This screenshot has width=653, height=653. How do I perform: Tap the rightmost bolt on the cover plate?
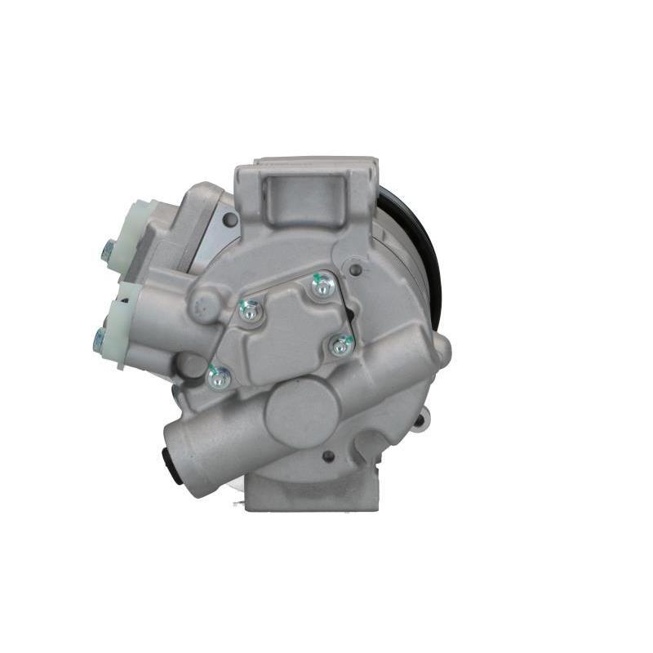point(340,346)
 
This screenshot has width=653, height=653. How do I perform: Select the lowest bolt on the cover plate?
point(219,377)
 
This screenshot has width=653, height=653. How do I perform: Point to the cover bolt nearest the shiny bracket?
point(251,309)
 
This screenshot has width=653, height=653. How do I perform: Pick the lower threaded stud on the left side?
point(100,340)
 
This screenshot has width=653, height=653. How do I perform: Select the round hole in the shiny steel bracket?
point(231,219)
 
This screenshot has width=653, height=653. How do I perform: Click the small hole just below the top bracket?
point(354,267)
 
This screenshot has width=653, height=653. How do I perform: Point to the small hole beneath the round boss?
point(328,456)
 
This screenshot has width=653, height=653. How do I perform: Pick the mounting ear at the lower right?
point(418,421)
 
